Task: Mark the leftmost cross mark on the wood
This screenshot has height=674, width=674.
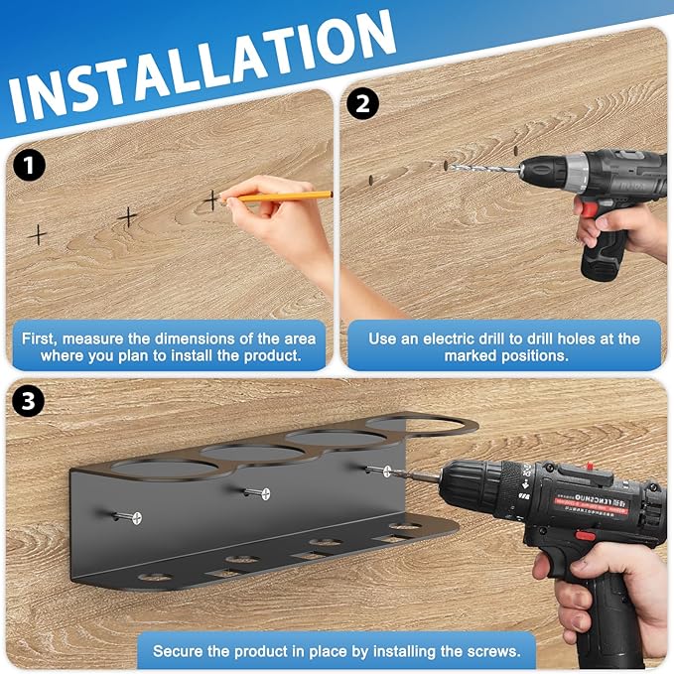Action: click(x=38, y=234)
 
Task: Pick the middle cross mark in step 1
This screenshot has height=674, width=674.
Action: click(x=127, y=215)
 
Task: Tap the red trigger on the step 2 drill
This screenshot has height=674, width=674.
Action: click(x=589, y=209)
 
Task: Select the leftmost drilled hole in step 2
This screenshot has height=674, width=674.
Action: click(x=369, y=180)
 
